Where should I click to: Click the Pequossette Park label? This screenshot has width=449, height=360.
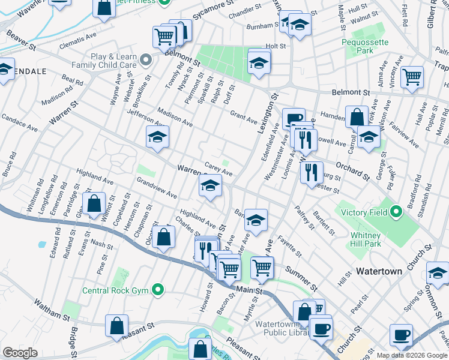(x=365, y=47)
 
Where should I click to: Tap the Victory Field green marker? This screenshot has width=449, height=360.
(x=396, y=212)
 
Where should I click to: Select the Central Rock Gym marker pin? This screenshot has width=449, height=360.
(x=158, y=291)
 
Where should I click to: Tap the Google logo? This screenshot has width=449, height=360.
(x=20, y=353)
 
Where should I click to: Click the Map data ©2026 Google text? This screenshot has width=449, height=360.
(x=411, y=355)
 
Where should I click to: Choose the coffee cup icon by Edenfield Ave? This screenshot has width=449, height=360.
(x=294, y=118)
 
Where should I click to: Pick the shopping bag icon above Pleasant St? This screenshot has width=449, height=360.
(x=116, y=326)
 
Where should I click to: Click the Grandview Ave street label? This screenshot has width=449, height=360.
(x=157, y=187)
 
